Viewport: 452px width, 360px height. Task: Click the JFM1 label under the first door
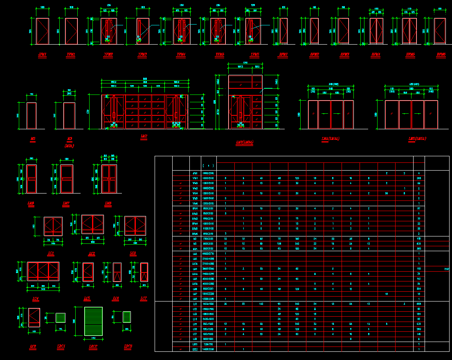coord(42,54)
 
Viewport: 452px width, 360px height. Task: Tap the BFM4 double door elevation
coord(376,31)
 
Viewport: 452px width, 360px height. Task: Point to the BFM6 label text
coord(441,54)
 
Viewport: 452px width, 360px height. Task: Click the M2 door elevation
coord(31,115)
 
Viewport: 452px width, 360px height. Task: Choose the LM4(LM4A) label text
coord(331,139)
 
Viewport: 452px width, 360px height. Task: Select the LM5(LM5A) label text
coord(417,139)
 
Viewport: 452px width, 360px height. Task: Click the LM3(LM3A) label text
coord(245,143)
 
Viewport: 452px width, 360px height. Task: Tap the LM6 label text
coord(31,203)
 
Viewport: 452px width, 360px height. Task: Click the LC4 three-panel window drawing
coord(43,271)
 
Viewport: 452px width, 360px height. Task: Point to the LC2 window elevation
coord(92,225)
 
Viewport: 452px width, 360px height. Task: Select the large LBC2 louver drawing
coord(93,321)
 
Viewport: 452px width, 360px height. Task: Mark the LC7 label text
coord(144,299)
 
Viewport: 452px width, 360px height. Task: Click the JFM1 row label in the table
coord(195,173)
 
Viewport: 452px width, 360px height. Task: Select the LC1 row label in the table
coord(195,304)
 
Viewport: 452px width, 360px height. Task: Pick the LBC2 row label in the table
coord(195,349)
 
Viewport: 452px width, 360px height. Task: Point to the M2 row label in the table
coord(195,239)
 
